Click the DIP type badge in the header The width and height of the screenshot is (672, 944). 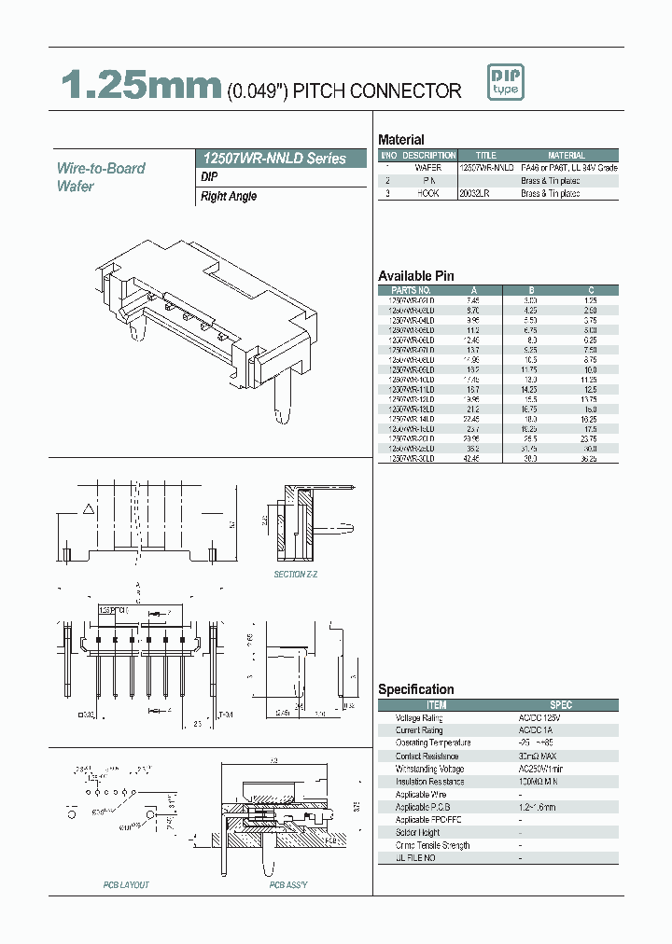pyautogui.click(x=506, y=82)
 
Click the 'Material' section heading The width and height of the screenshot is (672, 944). pyautogui.click(x=401, y=139)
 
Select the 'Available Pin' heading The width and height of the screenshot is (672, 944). pyautogui.click(x=415, y=276)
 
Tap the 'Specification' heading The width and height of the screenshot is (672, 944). pyautogui.click(x=415, y=689)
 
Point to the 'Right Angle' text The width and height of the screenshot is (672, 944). pyautogui.click(x=229, y=197)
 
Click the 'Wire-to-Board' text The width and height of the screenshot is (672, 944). pyautogui.click(x=101, y=168)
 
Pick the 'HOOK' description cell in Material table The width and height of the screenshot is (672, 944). pyautogui.click(x=427, y=194)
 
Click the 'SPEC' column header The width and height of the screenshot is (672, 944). pyautogui.click(x=560, y=705)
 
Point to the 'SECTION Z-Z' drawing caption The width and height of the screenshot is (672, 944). pyautogui.click(x=295, y=575)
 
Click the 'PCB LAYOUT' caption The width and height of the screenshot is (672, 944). pyautogui.click(x=126, y=884)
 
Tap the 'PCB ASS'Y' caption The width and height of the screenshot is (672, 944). pyautogui.click(x=288, y=884)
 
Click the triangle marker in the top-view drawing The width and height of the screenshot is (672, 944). pyautogui.click(x=89, y=509)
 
